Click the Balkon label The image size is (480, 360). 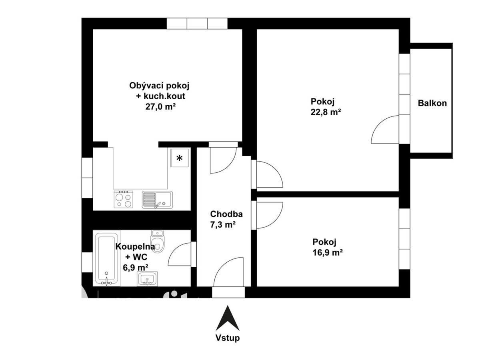click(x=432, y=103)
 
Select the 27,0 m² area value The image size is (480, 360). click(x=160, y=107)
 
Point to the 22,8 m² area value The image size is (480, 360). click(x=326, y=112)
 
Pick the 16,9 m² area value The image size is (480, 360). click(x=328, y=253)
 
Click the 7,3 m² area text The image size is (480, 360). click(x=223, y=225)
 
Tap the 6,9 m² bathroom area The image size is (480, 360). click(x=136, y=268)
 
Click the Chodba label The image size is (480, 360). click(x=226, y=214)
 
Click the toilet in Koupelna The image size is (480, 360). click(x=158, y=242)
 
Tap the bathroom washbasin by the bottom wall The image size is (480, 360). click(x=147, y=279)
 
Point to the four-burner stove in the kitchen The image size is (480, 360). click(x=123, y=199)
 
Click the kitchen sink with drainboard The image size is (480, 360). click(x=157, y=200)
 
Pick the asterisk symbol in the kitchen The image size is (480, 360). click(x=179, y=158)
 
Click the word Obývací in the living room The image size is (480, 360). click(x=146, y=86)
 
